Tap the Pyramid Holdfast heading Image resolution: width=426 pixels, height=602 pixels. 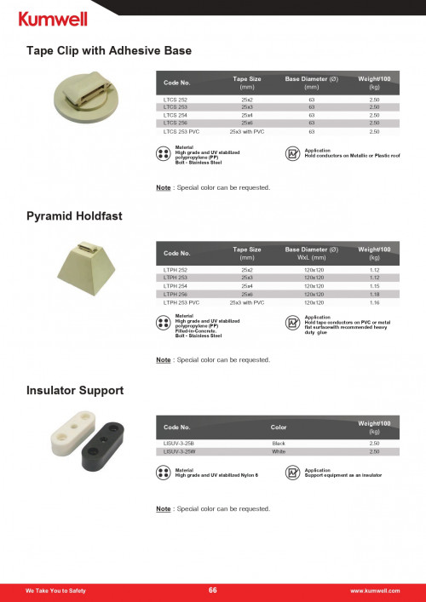coord(75,216)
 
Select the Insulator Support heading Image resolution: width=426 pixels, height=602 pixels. coord(76,390)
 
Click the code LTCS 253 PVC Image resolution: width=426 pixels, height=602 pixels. coord(181,132)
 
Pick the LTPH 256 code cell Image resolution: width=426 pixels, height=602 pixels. coord(176,294)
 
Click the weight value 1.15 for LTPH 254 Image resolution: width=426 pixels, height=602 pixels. coord(374,285)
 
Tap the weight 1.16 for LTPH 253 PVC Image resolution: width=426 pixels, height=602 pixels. coord(374,302)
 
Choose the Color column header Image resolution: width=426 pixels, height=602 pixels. coord(279,426)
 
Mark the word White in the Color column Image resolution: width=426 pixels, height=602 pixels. coord(278,452)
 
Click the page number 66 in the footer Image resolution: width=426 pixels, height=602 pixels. coord(213,590)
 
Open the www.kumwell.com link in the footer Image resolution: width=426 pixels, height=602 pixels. coord(375,590)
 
